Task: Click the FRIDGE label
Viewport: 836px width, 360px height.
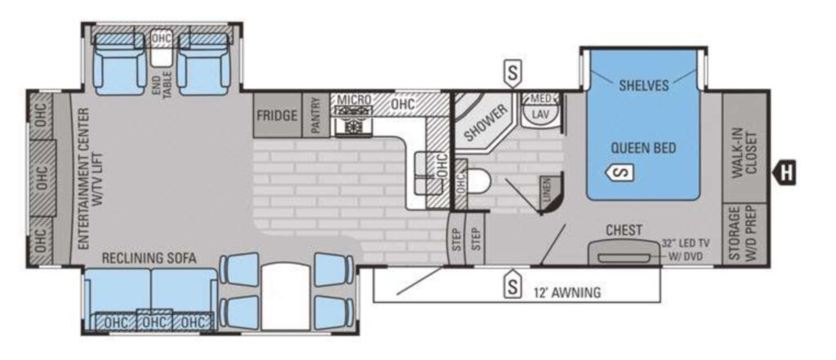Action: [277, 115]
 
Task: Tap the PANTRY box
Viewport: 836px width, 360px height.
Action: [316, 116]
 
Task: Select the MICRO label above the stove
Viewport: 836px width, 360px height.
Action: [354, 100]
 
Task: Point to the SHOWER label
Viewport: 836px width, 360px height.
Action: [485, 123]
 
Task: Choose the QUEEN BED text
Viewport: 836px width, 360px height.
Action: [643, 148]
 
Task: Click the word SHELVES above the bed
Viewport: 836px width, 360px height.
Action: [643, 86]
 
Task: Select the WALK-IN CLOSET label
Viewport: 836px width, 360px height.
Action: [744, 153]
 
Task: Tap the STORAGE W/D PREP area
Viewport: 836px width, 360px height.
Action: [743, 234]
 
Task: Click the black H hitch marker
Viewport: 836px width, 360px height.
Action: [784, 172]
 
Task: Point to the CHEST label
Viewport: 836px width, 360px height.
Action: [624, 230]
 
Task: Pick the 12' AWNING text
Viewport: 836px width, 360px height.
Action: [567, 291]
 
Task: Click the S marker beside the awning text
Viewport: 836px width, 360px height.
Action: [513, 287]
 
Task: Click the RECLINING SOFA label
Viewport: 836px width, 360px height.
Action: [149, 259]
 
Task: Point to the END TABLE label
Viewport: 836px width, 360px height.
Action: [163, 84]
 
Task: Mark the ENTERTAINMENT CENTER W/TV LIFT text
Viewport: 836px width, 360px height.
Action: [90, 180]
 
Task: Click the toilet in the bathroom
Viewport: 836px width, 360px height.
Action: [477, 181]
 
